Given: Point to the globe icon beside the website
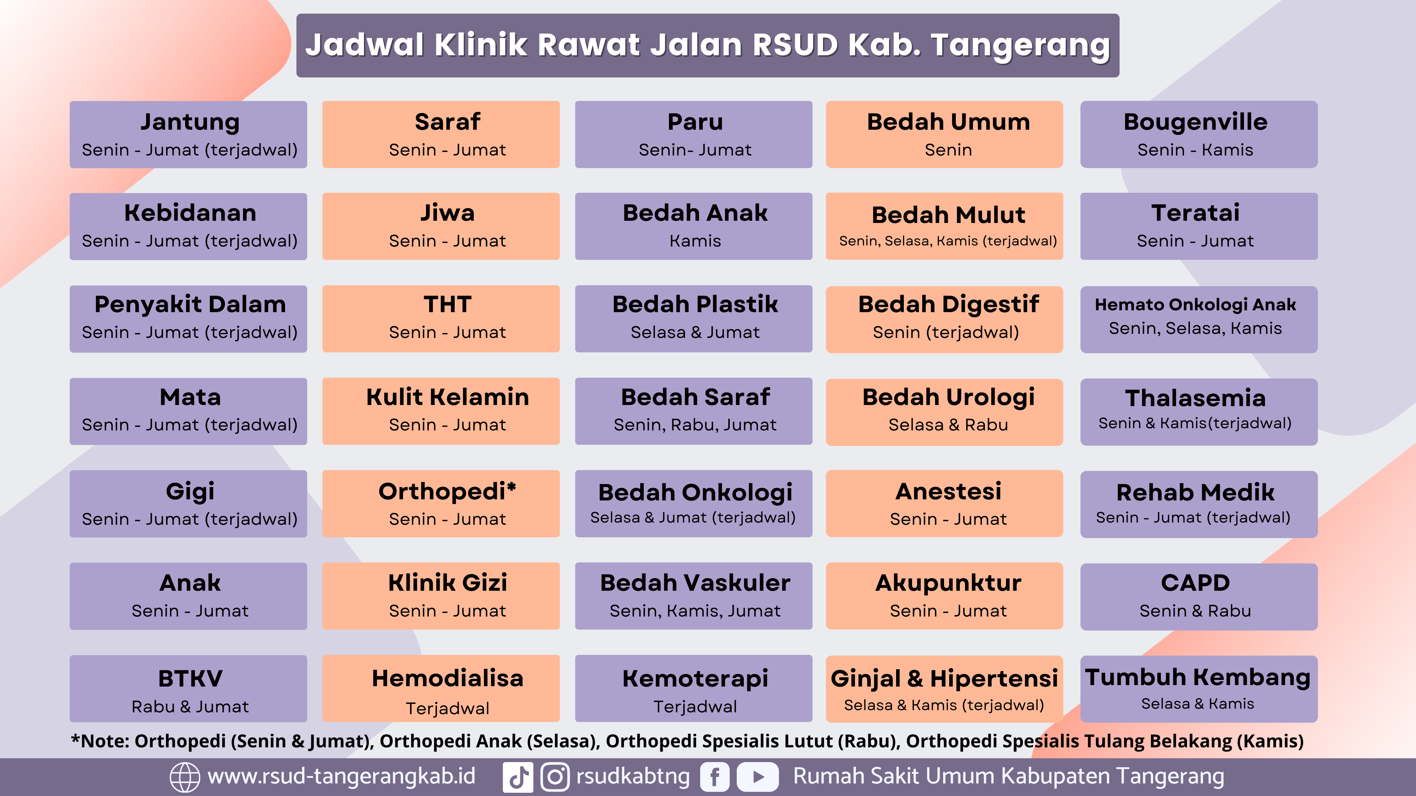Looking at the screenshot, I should pos(185,777).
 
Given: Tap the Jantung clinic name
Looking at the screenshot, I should pos(190,122).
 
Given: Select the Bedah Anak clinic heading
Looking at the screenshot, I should pos(695,213).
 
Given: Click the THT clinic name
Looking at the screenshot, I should pos(447,304).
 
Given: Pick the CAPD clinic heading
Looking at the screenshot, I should pos(1195,583).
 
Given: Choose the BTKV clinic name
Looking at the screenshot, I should pos(190,679).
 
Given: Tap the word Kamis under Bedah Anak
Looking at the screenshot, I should pos(695,241).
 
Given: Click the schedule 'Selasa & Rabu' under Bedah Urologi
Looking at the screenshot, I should pos(948,425).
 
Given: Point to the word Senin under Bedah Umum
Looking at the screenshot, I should pos(948,150).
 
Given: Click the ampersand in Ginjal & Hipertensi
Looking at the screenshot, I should pos(914,679).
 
